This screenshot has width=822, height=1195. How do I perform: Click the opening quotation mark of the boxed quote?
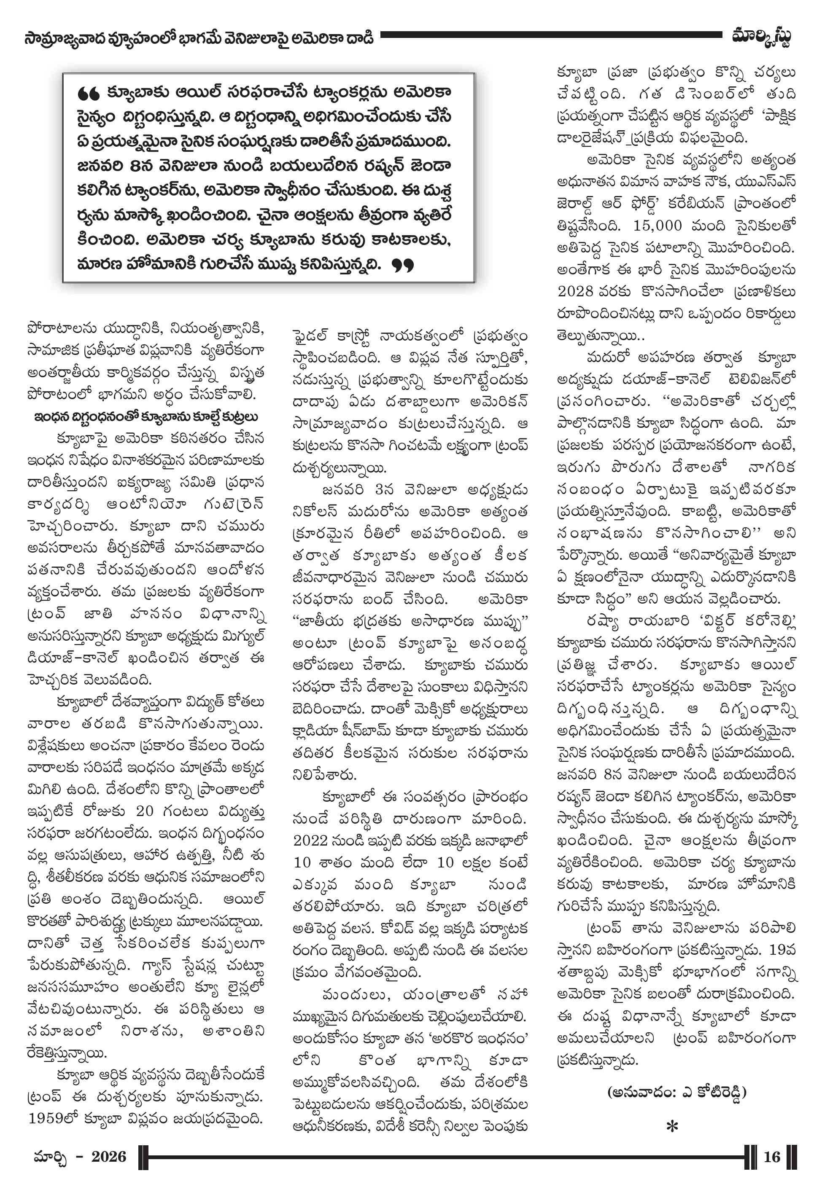pyautogui.click(x=88, y=94)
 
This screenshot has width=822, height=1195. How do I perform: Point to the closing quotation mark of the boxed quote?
pyautogui.click(x=402, y=266)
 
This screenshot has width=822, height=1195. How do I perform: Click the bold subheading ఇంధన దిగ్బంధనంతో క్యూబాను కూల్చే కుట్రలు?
pyautogui.click(x=146, y=416)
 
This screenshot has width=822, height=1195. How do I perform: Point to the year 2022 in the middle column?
pyautogui.click(x=310, y=841)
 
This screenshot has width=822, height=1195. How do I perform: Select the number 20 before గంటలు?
pyautogui.click(x=145, y=811)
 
